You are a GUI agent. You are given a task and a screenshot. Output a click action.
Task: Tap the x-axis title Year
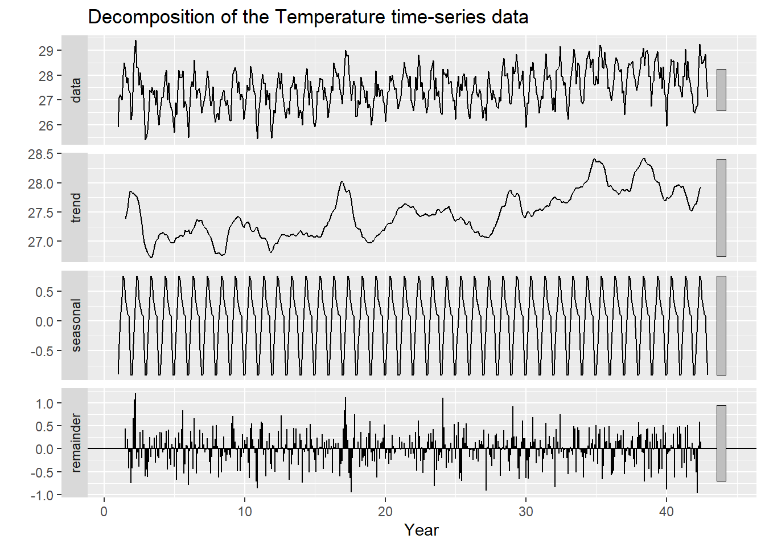click(x=421, y=530)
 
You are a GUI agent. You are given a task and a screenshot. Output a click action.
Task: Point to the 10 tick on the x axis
click(x=245, y=511)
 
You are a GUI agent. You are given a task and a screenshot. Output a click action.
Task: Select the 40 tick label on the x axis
click(x=667, y=511)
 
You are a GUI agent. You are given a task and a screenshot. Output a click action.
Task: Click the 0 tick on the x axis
click(x=104, y=511)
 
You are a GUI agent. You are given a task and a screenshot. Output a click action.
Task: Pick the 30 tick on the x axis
click(x=526, y=511)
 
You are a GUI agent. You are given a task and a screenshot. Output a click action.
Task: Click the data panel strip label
click(x=75, y=90)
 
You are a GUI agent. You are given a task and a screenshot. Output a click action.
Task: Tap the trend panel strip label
click(x=75, y=207)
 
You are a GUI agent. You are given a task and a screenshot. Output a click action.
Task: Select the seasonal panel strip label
click(x=75, y=325)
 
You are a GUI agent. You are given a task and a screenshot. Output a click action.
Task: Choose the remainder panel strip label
click(x=75, y=443)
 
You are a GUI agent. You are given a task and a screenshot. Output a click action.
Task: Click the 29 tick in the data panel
click(x=46, y=51)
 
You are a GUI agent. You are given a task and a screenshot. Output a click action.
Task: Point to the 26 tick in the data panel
click(x=46, y=125)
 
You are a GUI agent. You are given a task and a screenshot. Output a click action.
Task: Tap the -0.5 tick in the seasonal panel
click(x=42, y=351)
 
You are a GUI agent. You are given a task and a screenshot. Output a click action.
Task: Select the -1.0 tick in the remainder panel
click(x=42, y=495)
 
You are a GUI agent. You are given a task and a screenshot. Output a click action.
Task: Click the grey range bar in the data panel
click(x=721, y=90)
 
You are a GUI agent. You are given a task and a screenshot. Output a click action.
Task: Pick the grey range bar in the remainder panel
click(x=721, y=443)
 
